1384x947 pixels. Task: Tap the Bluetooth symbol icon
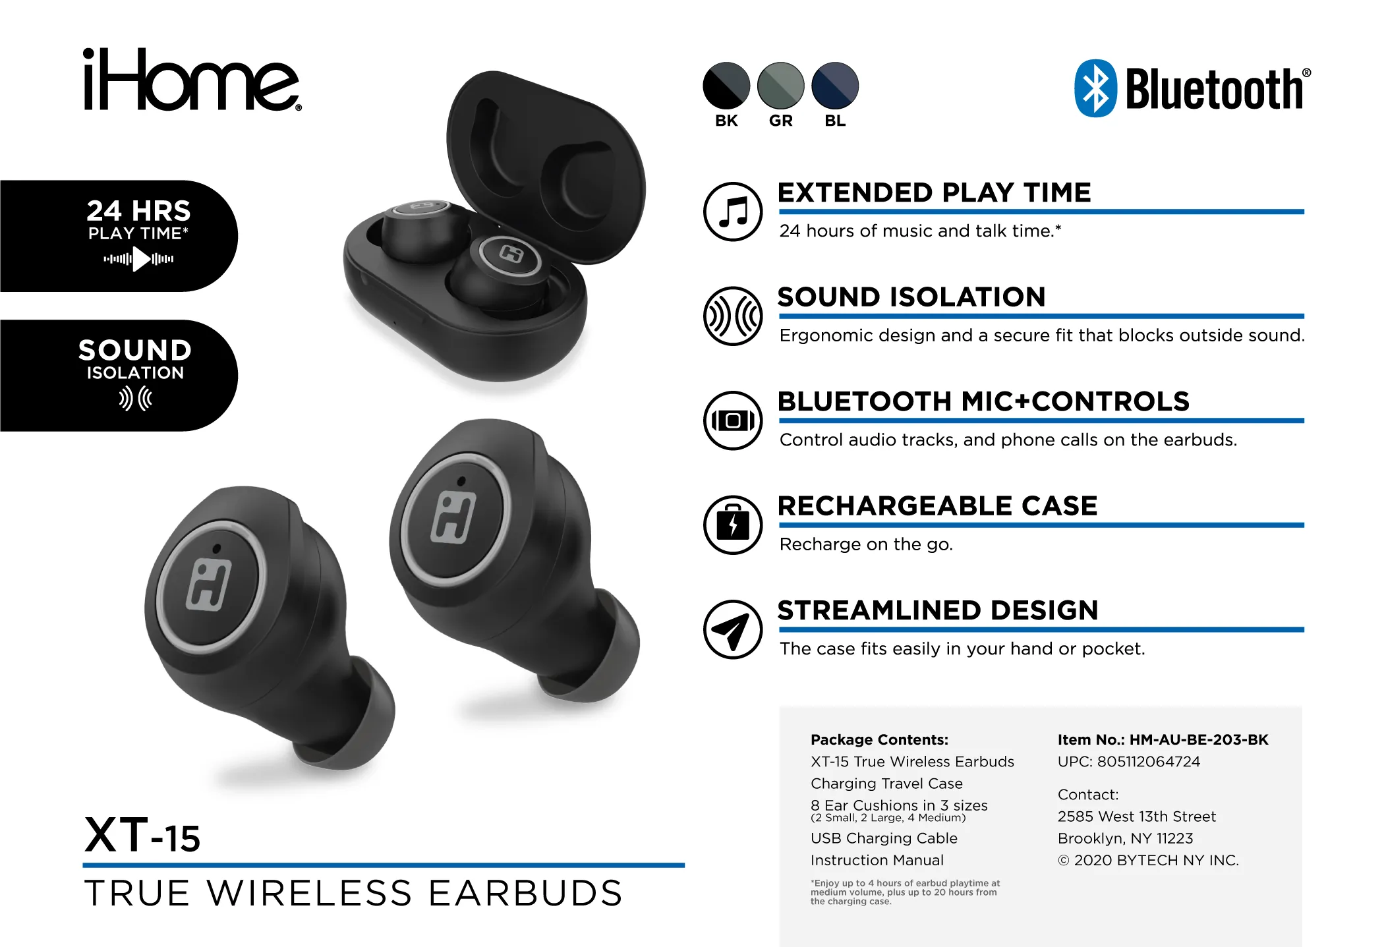1095,88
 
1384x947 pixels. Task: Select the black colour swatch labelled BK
726,86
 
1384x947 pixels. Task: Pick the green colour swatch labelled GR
781,86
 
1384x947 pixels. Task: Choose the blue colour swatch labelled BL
835,86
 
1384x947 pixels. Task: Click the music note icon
733,212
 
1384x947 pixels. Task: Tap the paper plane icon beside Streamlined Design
733,629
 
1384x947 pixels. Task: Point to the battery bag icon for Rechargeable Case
733,525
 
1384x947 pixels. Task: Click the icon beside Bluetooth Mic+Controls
733,420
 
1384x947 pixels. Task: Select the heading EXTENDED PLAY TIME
934,192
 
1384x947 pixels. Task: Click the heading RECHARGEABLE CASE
937,505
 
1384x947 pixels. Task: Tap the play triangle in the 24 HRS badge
141,259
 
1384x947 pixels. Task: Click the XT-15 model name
142,835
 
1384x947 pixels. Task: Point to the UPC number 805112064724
1149,762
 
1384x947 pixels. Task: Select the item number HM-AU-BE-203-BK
1199,739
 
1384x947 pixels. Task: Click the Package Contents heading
879,739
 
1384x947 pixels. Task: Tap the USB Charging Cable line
884,838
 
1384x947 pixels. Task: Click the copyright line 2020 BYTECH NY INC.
1148,860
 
